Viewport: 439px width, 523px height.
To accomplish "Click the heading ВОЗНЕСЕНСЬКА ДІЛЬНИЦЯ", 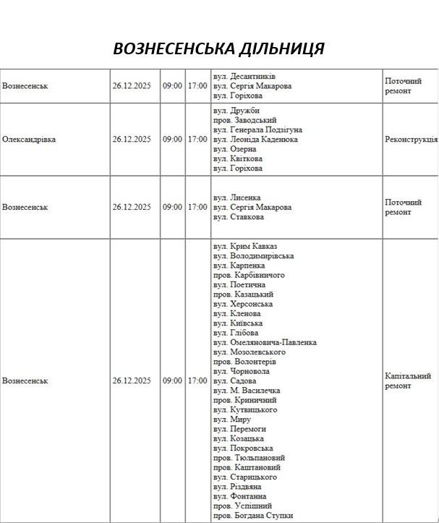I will point(218,48).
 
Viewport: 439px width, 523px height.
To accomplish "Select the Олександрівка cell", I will point(29,139).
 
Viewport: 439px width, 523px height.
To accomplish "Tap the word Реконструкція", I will point(411,139).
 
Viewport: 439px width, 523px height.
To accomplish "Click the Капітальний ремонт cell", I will point(408,380).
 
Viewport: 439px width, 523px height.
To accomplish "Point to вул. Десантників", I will point(244,76).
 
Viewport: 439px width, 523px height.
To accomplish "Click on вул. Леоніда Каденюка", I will point(255,139).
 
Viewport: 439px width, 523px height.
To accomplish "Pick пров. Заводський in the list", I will point(245,120).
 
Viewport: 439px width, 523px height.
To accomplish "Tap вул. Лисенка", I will point(237,197).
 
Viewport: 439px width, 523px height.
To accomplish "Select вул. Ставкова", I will point(239,216).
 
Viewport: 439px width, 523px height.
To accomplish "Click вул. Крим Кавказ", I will point(245,247).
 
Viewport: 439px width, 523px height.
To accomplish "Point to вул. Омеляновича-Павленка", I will point(265,342).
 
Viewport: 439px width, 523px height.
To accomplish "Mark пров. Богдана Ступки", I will point(253,515).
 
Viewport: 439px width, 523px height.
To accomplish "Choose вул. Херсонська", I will point(243,304).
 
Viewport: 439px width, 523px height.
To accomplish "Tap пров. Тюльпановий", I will point(249,458).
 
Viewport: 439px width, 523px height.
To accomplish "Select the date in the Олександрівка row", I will point(131,139).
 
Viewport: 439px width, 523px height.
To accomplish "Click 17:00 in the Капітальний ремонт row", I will point(197,380).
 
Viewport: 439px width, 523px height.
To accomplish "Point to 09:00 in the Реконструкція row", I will point(172,139).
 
